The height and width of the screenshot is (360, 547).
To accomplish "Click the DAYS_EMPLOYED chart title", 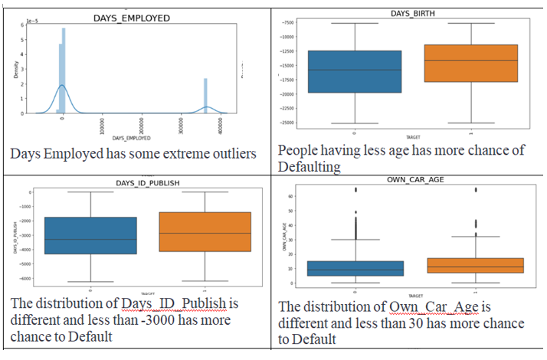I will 131,16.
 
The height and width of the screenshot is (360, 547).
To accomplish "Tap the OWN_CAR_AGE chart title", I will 409,181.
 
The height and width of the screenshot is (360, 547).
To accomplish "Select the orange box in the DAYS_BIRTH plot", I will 470,63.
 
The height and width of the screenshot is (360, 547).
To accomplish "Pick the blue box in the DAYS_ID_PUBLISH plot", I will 91,235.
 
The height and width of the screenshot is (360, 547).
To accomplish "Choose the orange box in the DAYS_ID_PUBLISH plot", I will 205,231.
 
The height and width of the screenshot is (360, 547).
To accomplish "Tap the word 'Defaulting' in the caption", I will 310,165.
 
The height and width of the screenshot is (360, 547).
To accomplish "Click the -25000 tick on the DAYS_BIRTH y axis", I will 287,123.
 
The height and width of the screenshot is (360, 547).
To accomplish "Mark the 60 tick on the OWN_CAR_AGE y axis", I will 293,196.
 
